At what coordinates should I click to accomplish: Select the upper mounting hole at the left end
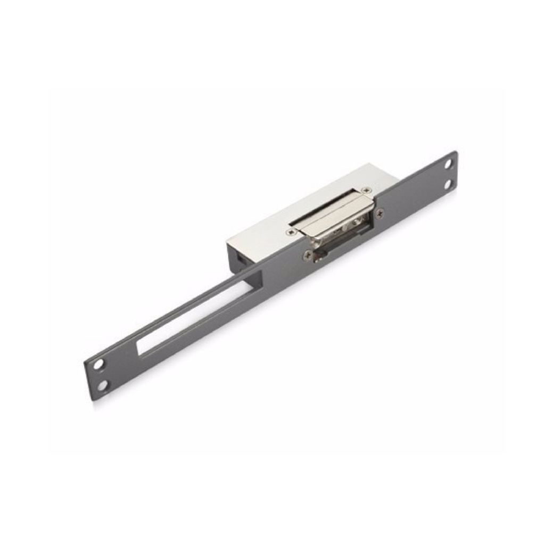99,366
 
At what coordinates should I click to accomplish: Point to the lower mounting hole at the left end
102,385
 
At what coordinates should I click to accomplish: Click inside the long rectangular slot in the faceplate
197,319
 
